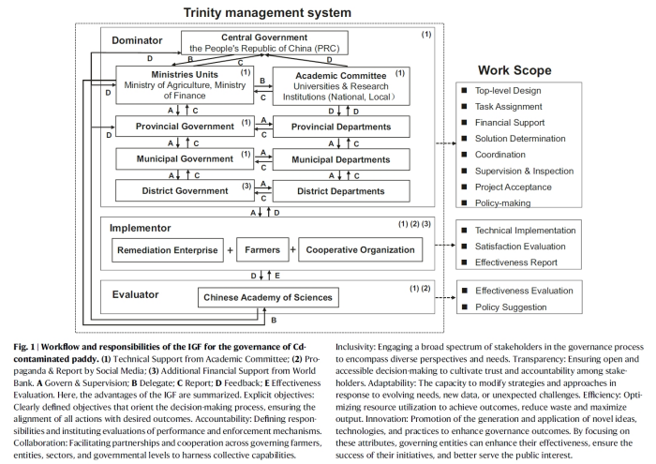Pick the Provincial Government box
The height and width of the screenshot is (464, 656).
click(x=185, y=126)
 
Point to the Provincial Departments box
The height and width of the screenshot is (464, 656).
click(x=341, y=126)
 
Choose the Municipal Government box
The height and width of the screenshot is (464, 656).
click(x=185, y=158)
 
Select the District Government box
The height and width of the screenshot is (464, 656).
click(x=185, y=190)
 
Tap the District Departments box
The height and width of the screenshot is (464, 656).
click(x=341, y=191)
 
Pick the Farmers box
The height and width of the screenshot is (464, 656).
click(x=261, y=250)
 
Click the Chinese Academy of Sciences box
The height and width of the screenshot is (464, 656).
click(x=268, y=298)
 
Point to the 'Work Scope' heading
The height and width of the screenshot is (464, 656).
click(x=514, y=70)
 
